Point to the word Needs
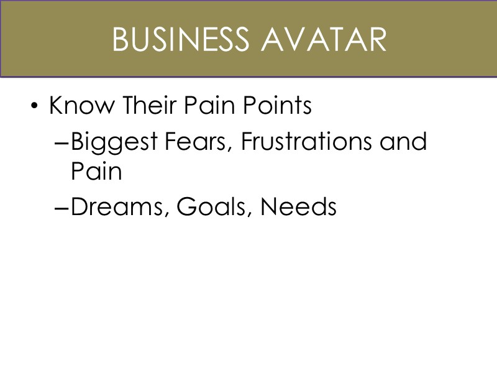point(298,206)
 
